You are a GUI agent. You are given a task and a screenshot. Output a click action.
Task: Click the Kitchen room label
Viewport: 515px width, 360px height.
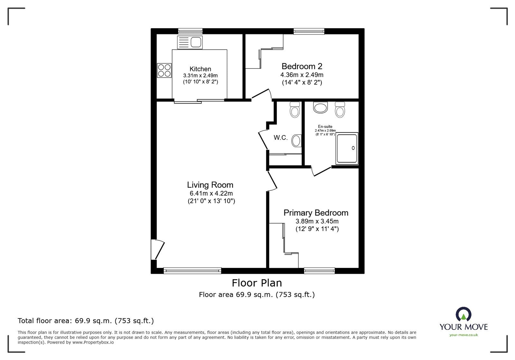click(200, 69)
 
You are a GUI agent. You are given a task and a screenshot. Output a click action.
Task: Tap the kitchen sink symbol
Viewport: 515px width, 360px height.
click(190, 42)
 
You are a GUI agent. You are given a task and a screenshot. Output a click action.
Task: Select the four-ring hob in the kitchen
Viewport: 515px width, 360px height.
click(164, 70)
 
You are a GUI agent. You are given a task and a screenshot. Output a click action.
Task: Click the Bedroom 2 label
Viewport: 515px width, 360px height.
click(302, 66)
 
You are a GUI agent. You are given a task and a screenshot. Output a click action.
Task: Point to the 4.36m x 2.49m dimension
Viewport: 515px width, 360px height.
click(302, 75)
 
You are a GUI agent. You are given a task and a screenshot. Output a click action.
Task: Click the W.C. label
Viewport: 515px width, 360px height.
click(280, 138)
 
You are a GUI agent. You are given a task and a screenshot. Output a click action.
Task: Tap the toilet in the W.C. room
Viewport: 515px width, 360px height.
click(295, 109)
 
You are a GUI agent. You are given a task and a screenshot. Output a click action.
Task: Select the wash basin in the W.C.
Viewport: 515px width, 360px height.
click(296, 141)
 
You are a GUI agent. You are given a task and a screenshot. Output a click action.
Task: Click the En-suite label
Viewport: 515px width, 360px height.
click(325, 126)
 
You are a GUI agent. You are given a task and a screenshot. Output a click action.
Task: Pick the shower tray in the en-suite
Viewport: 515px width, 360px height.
click(347, 148)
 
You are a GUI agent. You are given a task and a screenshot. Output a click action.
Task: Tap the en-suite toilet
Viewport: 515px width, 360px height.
click(340, 109)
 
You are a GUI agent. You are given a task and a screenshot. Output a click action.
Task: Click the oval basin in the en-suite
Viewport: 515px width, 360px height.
click(320, 108)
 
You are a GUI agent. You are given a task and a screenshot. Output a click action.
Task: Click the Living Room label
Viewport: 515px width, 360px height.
click(210, 185)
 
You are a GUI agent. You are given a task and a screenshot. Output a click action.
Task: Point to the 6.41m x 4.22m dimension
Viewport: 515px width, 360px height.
click(211, 193)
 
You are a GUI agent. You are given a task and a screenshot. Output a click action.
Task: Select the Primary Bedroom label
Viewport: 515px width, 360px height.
click(316, 213)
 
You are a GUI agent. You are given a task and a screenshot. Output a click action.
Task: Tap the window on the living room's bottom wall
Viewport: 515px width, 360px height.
click(192, 271)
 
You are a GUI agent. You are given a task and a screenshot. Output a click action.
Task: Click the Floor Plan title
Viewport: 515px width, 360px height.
click(257, 283)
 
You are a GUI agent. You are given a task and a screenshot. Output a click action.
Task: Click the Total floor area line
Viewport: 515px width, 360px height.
click(86, 321)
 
